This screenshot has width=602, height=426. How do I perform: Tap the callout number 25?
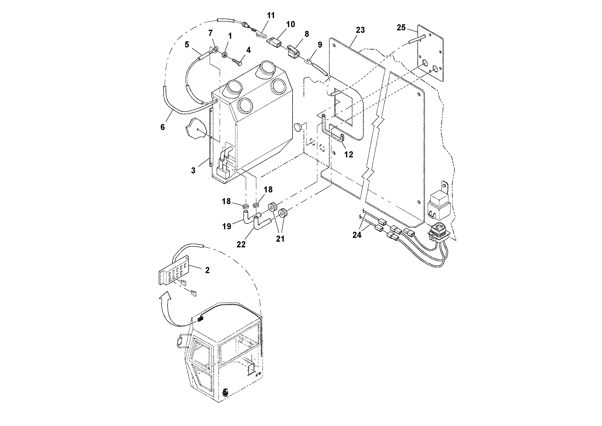[401, 28]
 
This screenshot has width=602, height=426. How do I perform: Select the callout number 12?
[348, 154]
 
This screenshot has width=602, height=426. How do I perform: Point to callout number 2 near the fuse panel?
[207, 270]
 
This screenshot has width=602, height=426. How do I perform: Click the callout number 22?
[241, 244]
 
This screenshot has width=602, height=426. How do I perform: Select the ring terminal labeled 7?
[216, 48]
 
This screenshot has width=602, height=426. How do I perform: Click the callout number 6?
[163, 127]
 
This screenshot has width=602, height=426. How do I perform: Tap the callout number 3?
[193, 170]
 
